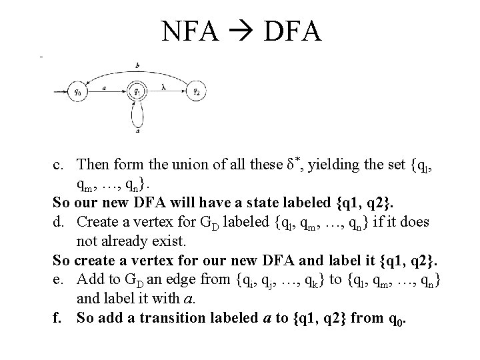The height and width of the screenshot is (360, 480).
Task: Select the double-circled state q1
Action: point(138,91)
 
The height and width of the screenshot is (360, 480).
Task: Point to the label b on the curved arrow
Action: point(137,66)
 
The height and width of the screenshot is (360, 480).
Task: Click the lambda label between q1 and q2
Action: point(163,86)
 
